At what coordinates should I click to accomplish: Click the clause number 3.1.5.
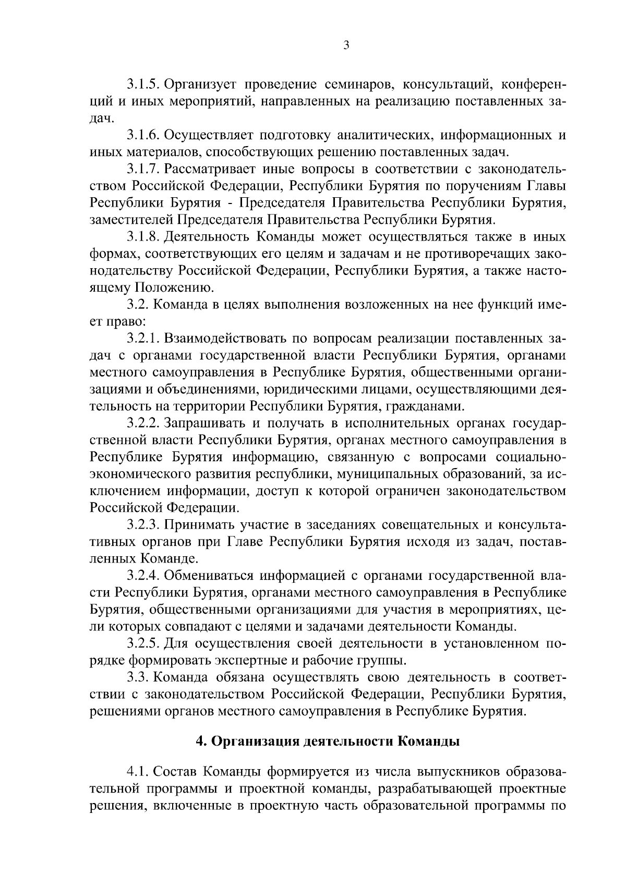click(x=143, y=85)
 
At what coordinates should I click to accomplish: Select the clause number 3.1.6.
click(x=143, y=136)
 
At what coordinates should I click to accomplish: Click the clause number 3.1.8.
click(x=143, y=237)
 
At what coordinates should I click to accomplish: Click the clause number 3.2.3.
click(x=143, y=524)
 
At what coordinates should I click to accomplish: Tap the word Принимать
click(x=198, y=524)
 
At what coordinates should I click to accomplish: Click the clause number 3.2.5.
click(x=143, y=643)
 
